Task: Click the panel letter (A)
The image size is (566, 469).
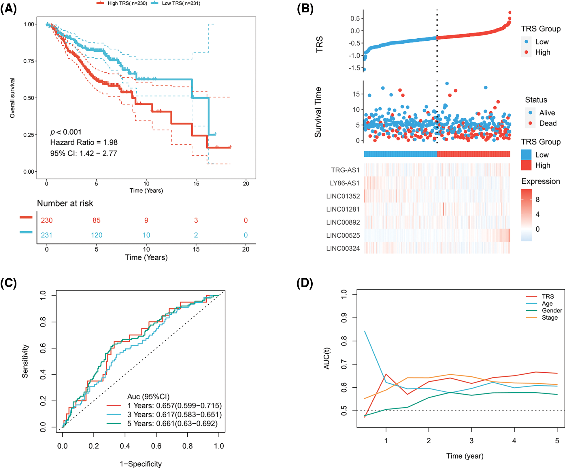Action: pos(8,9)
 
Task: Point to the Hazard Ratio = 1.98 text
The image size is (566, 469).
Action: pos(84,142)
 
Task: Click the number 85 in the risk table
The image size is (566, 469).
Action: pos(96,221)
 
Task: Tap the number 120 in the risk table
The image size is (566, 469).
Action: pos(97,235)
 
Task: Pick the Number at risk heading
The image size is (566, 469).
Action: pos(65,203)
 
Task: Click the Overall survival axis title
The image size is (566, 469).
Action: pos(12,98)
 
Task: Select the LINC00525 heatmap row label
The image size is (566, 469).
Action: pos(343,236)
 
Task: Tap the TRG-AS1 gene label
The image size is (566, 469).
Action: pos(345,170)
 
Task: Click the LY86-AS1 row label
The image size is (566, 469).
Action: pos(345,183)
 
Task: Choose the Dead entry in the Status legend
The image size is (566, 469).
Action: pos(548,123)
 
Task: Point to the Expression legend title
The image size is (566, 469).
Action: pos(541,181)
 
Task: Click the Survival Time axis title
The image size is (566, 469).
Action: pos(318,112)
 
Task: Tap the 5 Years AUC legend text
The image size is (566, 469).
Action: pos(172,424)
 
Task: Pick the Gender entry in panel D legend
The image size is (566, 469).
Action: pos(552,311)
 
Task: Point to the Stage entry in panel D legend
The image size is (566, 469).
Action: pos(550,318)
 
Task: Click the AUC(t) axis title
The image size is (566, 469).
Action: pos(327,359)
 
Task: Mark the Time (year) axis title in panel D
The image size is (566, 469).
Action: pos(465,456)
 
